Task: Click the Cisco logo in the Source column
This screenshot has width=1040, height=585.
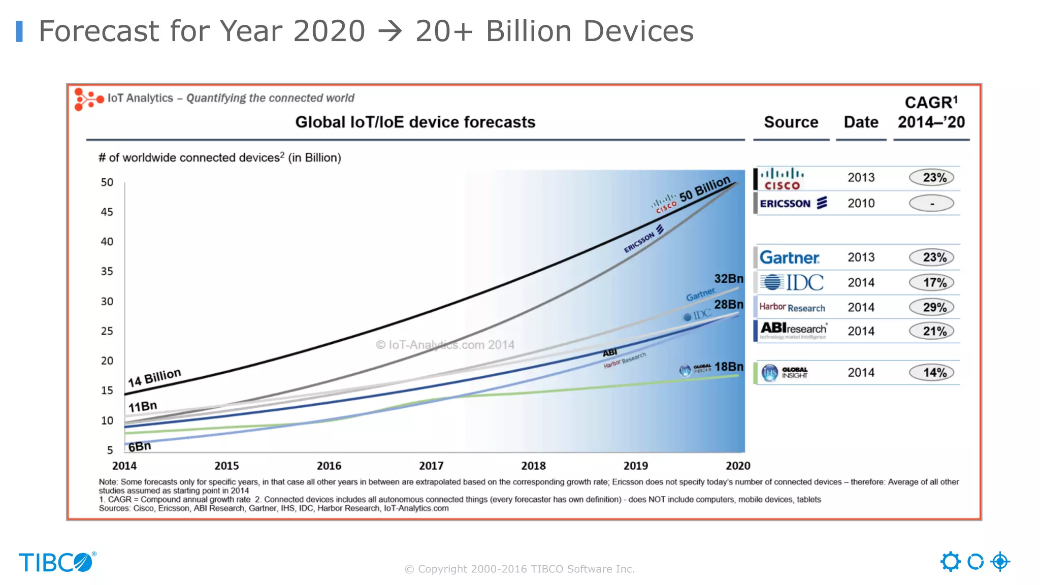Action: pos(782,179)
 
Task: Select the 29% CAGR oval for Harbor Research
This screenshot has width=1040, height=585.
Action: pos(931,307)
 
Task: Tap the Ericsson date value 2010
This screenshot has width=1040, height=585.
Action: pos(861,203)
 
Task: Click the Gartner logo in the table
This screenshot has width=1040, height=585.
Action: pos(789,257)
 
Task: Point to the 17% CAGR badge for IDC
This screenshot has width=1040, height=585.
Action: pos(931,282)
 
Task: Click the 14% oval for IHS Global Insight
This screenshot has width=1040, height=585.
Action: pos(931,373)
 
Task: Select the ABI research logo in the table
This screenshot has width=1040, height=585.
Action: pos(793,330)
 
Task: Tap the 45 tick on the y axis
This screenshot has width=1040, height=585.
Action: pos(107,212)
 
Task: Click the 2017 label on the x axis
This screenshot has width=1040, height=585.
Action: pos(431,466)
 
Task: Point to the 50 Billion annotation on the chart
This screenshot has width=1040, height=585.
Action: pos(705,189)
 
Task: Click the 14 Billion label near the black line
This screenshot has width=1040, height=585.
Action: pos(154,378)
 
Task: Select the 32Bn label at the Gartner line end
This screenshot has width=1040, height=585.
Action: pos(729,279)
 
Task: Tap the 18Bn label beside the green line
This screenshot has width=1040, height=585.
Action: pos(729,367)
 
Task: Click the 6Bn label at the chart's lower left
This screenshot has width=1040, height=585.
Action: pos(140,446)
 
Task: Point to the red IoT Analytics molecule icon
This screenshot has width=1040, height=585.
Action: pos(88,99)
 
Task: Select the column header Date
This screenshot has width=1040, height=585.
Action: pos(861,122)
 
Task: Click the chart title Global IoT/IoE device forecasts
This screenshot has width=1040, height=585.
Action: pos(415,122)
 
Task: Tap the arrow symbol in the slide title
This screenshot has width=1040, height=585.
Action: pos(390,31)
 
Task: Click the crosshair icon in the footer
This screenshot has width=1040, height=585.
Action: pos(1000,562)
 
